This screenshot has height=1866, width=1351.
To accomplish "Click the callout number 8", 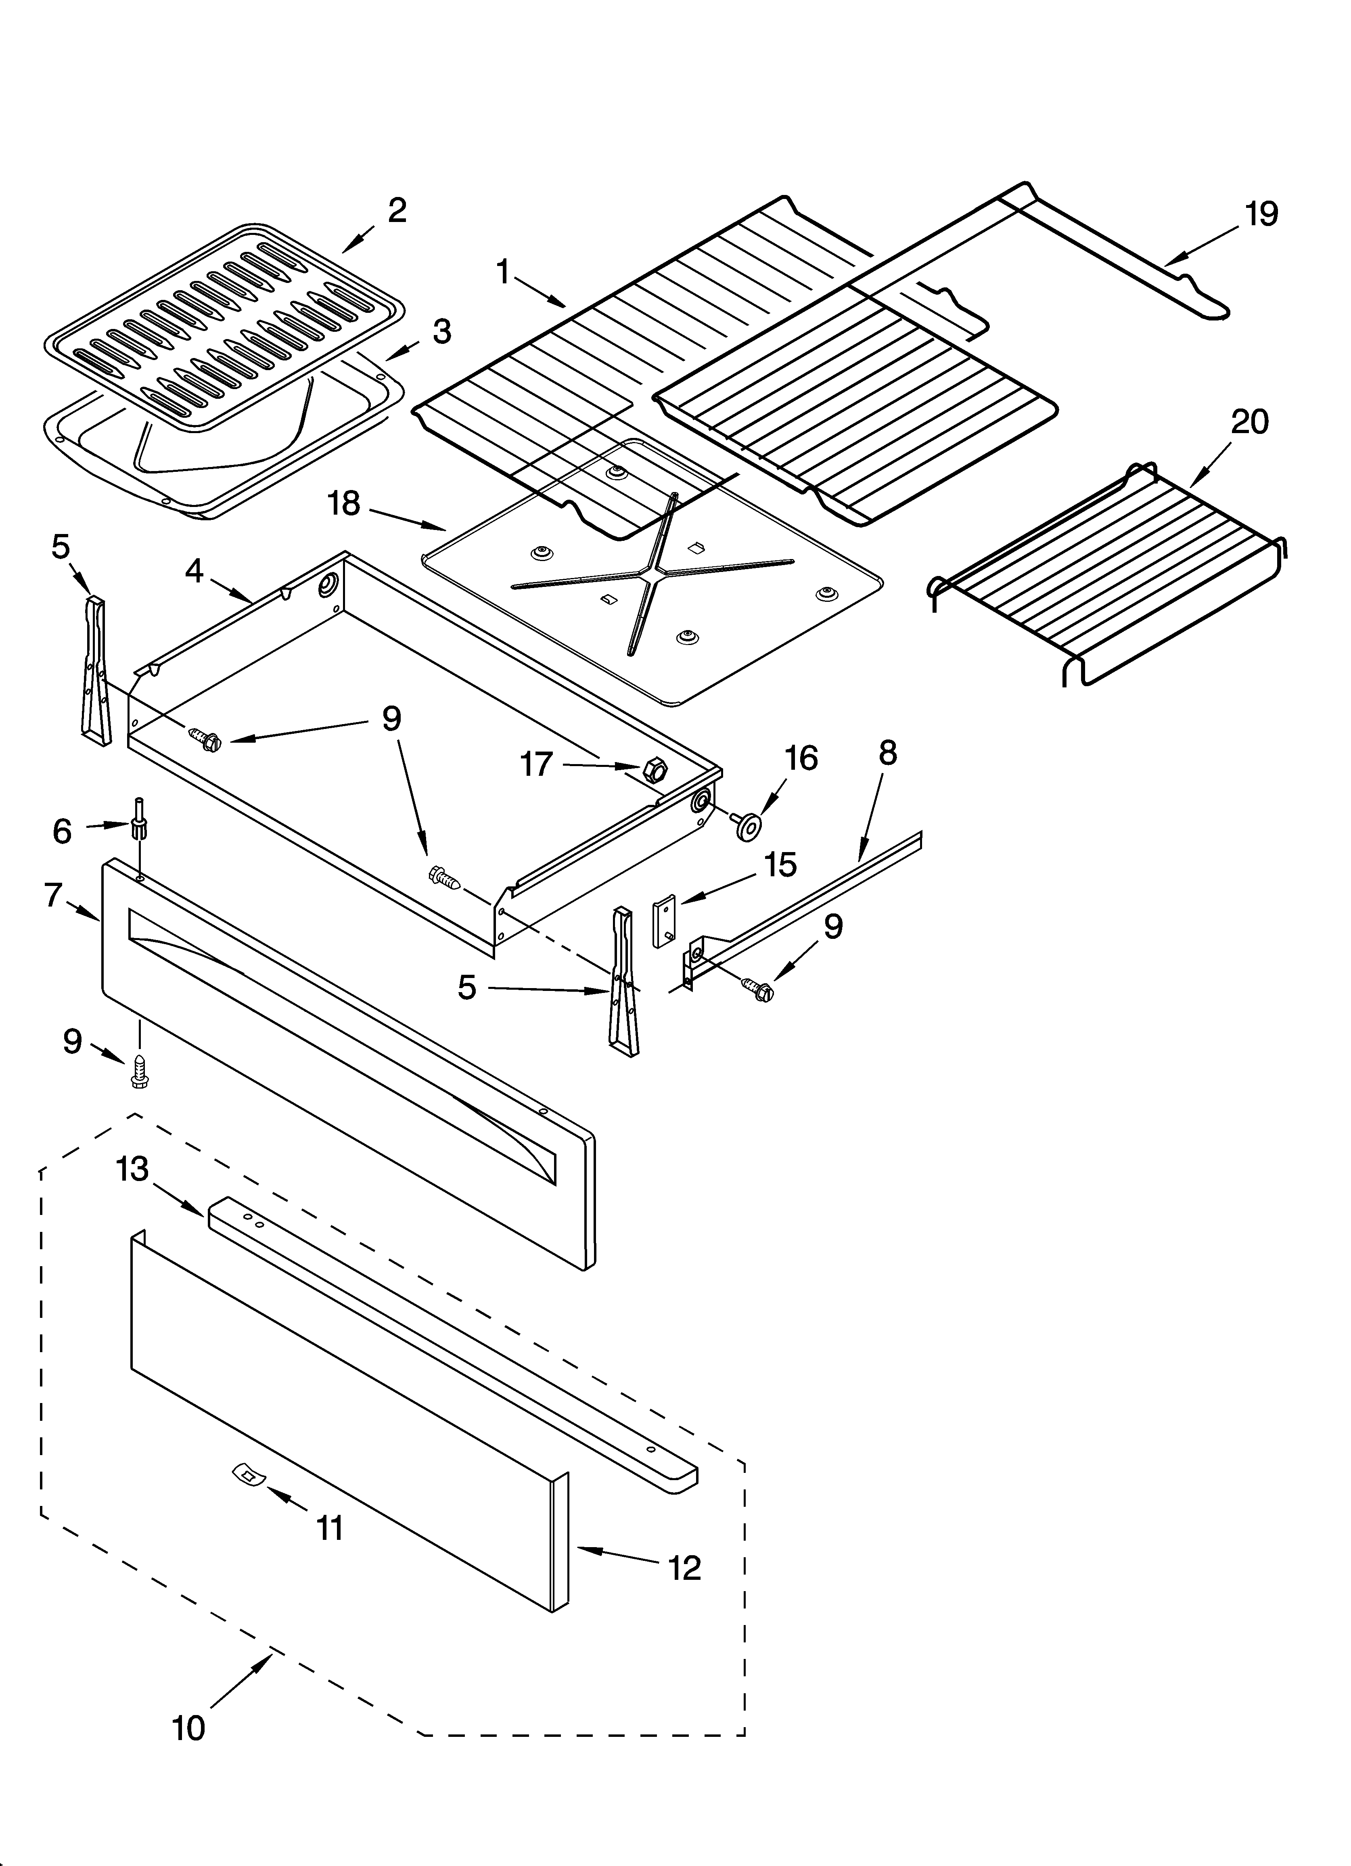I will coord(887,753).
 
